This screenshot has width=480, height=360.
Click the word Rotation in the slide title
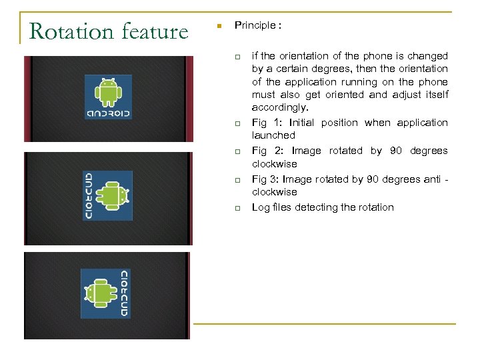pos(72,31)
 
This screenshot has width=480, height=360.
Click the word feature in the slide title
pos(155,31)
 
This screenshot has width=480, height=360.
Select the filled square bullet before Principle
pos(218,27)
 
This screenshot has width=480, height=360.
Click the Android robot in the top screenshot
pos(107,91)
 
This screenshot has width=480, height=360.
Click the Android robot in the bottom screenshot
pos(97,293)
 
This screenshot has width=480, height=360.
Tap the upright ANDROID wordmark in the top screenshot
pos(108,113)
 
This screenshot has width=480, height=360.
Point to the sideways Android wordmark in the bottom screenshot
pos(123,293)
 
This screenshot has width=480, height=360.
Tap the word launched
pos(273,135)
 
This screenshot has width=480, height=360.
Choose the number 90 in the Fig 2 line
pos(396,151)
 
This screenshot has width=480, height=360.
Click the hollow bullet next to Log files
pos(236,209)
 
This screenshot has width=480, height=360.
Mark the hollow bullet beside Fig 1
pos(236,124)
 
